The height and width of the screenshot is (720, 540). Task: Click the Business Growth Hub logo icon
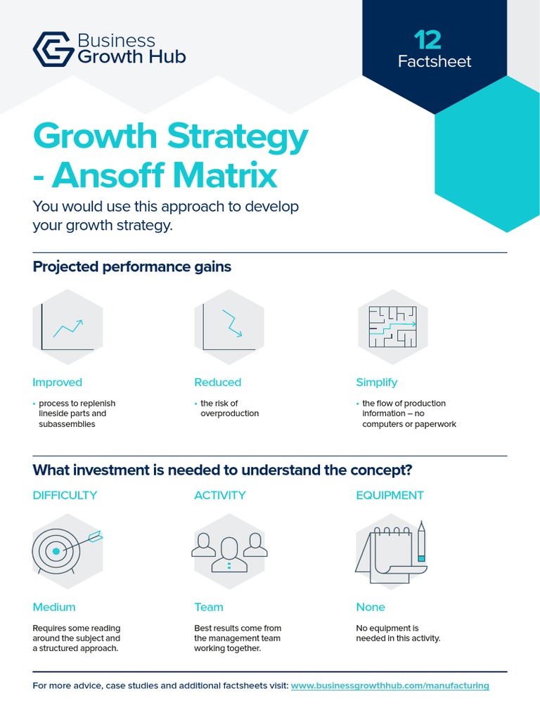[53, 49]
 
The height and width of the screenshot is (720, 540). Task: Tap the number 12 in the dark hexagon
[427, 39]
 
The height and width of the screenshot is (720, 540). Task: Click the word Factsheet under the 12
[434, 61]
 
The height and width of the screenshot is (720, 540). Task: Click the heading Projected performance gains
[132, 267]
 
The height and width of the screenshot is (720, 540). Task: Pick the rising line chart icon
[67, 327]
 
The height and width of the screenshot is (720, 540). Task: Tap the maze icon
[392, 327]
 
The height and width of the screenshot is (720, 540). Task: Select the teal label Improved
[57, 382]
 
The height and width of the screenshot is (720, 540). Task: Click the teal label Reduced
[217, 382]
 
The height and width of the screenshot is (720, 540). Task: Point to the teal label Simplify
[376, 382]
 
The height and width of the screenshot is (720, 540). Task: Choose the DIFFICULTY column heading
[65, 495]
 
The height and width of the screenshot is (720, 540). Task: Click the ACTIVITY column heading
[220, 495]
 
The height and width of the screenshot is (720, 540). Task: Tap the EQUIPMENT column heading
[390, 495]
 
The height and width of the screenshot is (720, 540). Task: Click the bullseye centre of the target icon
[56, 551]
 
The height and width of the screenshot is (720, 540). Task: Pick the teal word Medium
[54, 607]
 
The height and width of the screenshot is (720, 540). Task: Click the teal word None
[371, 607]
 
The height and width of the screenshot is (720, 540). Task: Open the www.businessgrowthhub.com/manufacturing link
[390, 686]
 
